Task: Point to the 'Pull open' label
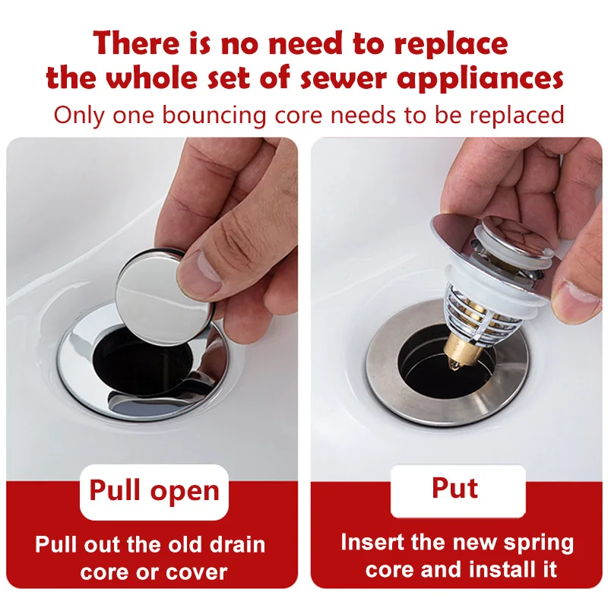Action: [x=154, y=491]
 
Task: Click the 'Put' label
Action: [x=455, y=488]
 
